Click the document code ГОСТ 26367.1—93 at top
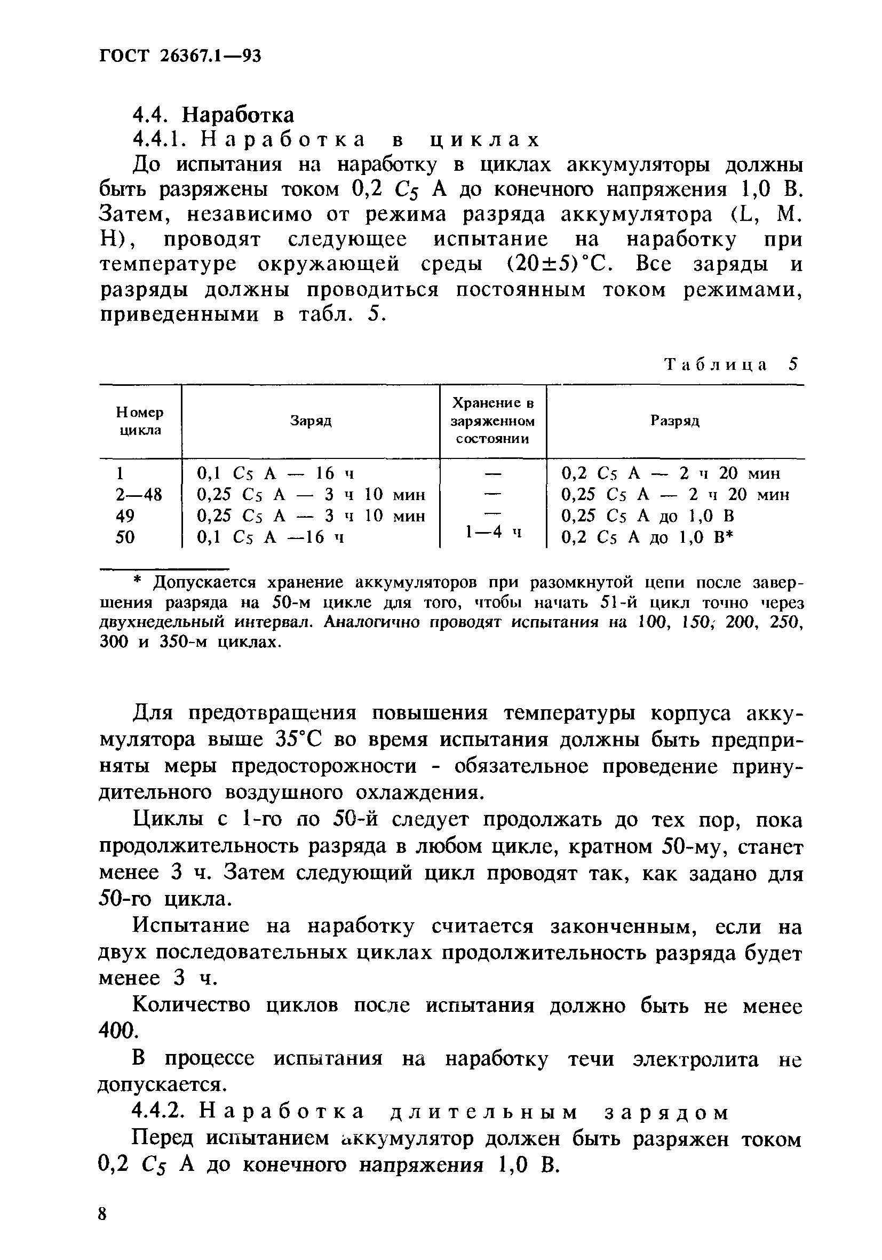click(180, 56)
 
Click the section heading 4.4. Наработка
click(213, 115)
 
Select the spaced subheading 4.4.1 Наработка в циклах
click(337, 140)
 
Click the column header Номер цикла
click(140, 421)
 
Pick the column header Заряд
click(311, 421)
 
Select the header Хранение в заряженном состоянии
click(493, 421)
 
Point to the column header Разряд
click(675, 421)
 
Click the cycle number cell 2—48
click(139, 495)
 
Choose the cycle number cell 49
click(126, 516)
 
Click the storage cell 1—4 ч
click(492, 531)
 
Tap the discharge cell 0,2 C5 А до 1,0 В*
click(648, 537)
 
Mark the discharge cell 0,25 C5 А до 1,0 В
click(648, 516)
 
